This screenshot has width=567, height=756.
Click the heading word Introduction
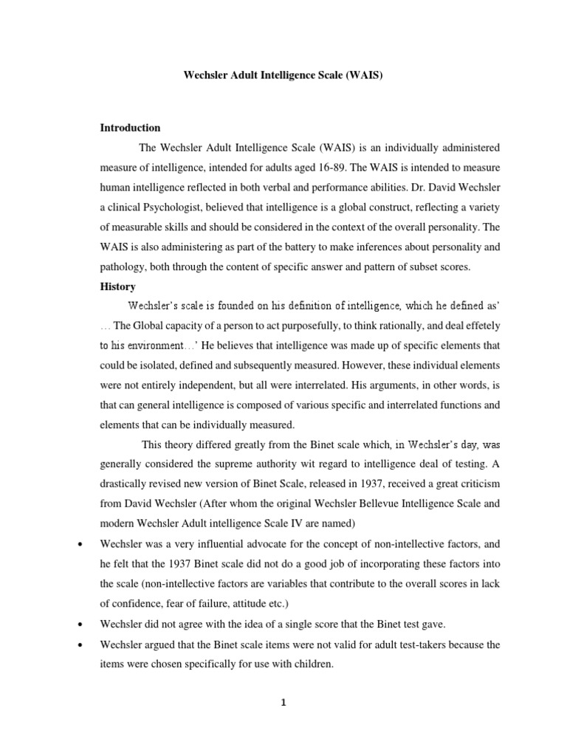coord(130,128)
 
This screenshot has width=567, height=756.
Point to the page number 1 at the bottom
coord(283,702)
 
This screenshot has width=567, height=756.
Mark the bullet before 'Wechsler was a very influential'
coord(79,544)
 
